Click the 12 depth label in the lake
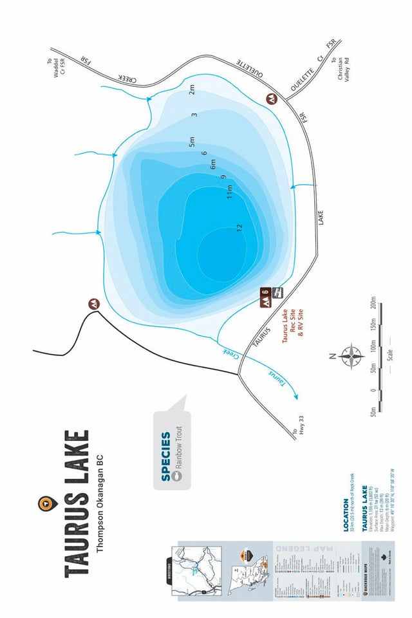tap(239, 227)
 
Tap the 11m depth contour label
tap(229, 191)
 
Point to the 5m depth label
tap(191, 142)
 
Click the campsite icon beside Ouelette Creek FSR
tap(272, 99)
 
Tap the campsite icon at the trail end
tap(94, 303)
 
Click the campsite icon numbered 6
tap(265, 297)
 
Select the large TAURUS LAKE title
tap(76, 502)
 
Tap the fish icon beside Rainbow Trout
tap(178, 476)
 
